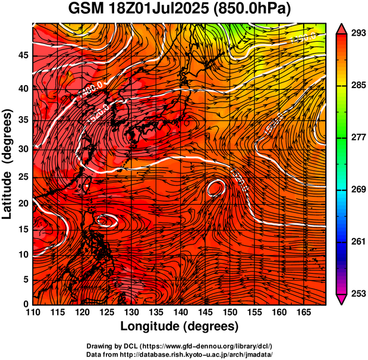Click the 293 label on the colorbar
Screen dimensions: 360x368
pyautogui.click(x=358, y=34)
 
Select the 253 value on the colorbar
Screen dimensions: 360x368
pyautogui.click(x=358, y=293)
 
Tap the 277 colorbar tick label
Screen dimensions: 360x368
pyautogui.click(x=358, y=137)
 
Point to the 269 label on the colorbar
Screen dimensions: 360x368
pyautogui.click(x=358, y=190)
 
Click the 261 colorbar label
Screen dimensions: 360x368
pyautogui.click(x=358, y=242)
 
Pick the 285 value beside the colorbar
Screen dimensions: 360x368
pyautogui.click(x=358, y=86)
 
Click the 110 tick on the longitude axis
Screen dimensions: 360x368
pyautogui.click(x=33, y=312)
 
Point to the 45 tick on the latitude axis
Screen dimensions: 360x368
pyautogui.click(x=23, y=55)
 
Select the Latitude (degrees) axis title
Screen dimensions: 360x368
pyautogui.click(x=8, y=164)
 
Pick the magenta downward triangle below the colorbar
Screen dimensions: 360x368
pyautogui.click(x=342, y=299)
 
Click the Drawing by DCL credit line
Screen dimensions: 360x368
pyautogui.click(x=179, y=346)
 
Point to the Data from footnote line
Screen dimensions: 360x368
pyautogui.click(x=179, y=354)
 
